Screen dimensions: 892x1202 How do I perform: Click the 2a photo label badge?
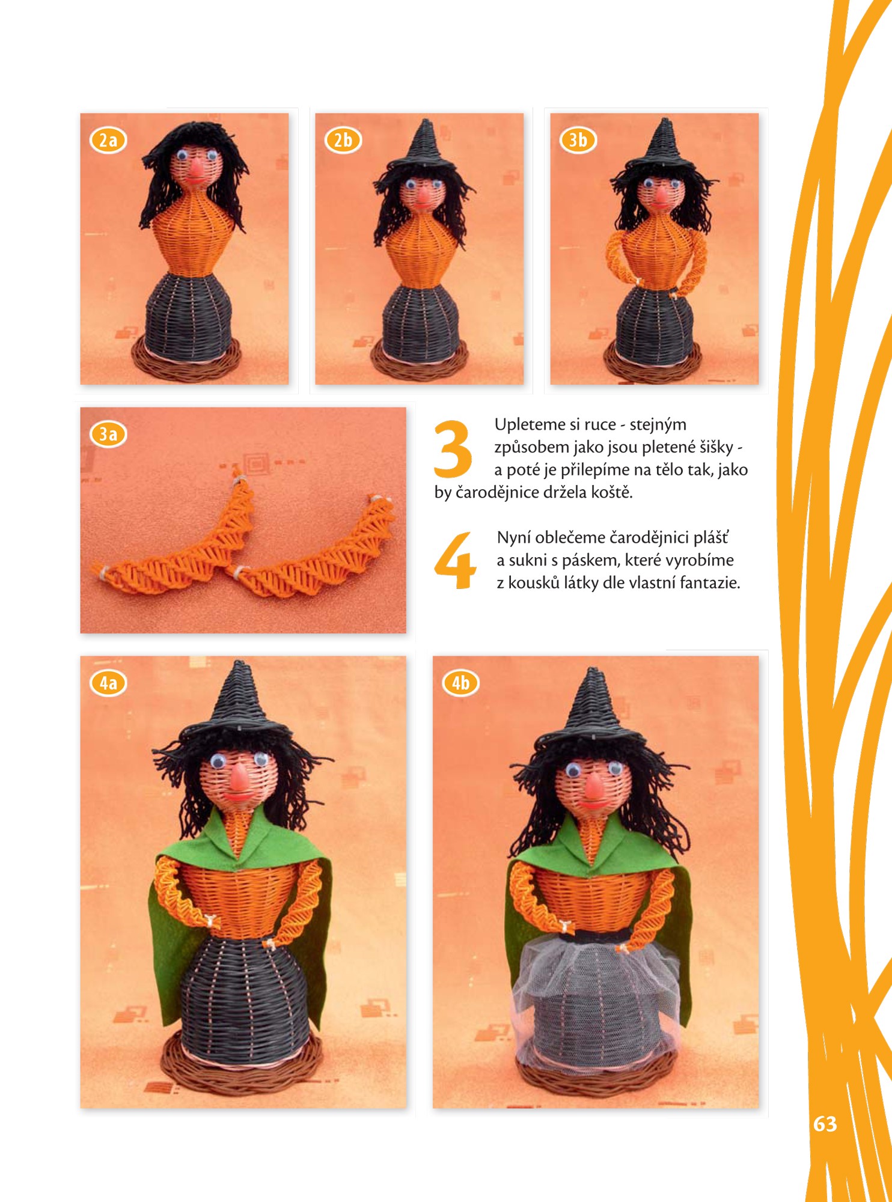point(108,140)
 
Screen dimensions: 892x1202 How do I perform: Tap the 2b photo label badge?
point(343,140)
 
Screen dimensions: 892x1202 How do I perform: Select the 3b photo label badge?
point(578,140)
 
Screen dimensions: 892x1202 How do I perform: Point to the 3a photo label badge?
point(108,434)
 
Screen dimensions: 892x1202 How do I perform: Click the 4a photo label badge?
point(108,683)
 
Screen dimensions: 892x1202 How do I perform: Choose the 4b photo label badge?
point(461,683)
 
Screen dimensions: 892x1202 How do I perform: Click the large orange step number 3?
point(453,448)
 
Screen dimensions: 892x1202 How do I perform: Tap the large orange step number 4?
point(455,560)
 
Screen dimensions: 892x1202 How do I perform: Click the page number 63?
point(825,1124)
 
